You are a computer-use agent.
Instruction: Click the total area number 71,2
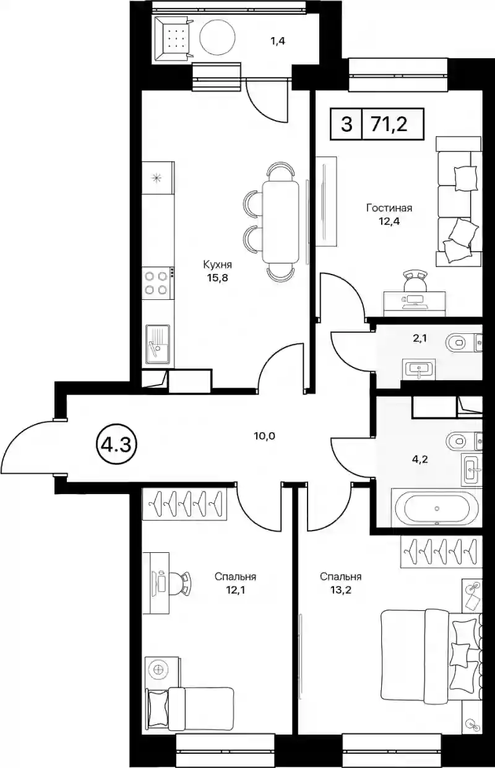389,124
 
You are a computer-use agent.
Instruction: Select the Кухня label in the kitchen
218,265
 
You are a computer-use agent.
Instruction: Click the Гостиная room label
389,208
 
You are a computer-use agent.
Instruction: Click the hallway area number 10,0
264,436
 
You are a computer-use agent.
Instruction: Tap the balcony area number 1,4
278,41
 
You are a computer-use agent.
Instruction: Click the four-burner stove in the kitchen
156,283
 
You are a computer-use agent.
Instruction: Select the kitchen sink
158,344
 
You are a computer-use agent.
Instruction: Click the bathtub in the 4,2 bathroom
437,508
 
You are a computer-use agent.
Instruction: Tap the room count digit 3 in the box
346,124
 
